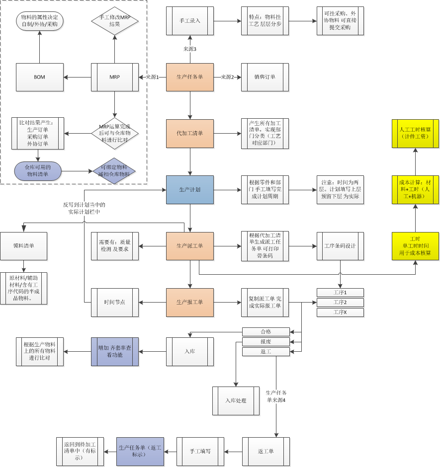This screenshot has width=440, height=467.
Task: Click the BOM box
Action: tap(40, 77)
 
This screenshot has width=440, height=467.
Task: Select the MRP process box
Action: tap(115, 77)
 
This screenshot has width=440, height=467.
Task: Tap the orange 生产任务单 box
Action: tap(190, 77)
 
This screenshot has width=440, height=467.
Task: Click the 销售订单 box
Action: tap(265, 77)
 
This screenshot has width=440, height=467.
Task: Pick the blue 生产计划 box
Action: tap(190, 190)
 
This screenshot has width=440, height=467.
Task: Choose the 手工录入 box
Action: tap(190, 21)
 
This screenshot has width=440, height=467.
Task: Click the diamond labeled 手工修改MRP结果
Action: tap(115, 21)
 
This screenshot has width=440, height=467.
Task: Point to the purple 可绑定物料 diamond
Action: tap(115, 171)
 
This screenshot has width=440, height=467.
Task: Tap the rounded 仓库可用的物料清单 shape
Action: tap(38, 171)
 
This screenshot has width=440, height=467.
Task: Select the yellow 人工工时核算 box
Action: tap(415, 133)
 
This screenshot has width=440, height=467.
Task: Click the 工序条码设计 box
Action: tap(340, 246)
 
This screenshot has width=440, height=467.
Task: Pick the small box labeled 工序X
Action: tap(340, 312)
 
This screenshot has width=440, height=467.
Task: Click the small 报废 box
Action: tap(266, 342)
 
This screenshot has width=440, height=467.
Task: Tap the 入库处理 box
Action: tap(236, 400)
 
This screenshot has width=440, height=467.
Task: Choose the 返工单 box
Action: tap(266, 451)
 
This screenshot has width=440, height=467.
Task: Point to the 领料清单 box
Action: tap(24, 246)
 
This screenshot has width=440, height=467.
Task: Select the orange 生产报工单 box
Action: tap(190, 302)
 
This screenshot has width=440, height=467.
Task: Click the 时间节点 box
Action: tap(115, 302)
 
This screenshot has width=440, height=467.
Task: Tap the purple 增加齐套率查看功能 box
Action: tap(115, 352)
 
